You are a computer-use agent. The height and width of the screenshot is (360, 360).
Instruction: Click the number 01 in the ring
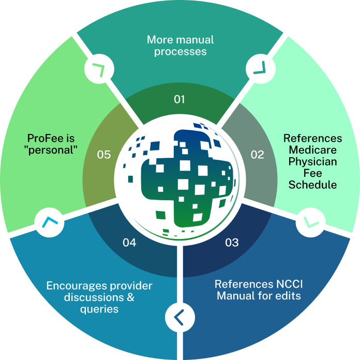[179, 99]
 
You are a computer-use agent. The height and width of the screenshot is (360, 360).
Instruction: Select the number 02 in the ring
[257, 154]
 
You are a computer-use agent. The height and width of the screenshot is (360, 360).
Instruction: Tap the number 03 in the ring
[232, 242]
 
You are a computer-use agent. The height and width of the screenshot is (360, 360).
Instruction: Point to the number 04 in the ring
[129, 242]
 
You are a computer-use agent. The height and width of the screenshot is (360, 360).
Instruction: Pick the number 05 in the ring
[104, 154]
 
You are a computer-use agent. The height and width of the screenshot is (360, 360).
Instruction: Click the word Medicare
[313, 150]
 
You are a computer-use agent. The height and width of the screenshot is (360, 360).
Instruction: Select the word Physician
[313, 162]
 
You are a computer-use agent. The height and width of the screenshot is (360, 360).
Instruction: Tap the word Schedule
[313, 185]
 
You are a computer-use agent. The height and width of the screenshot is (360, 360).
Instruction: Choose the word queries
[99, 309]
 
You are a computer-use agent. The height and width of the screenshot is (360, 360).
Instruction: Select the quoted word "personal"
[51, 150]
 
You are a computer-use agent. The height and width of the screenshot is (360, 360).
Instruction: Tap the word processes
[180, 51]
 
